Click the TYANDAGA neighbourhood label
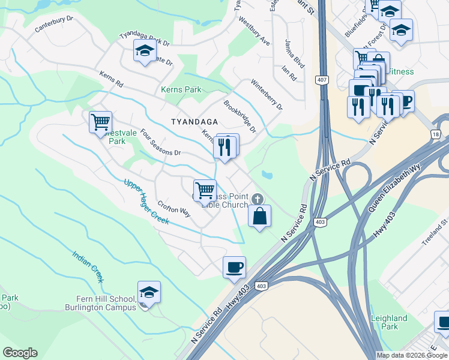pos(193,121)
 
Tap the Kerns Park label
pos(181,90)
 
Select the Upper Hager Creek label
pos(146,202)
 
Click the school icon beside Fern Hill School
pos(149,293)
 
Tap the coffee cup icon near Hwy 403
pos(234,266)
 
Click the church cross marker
pos(257,199)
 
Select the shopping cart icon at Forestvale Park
pos(100,122)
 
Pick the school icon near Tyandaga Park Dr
pos(145,52)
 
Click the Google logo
pos(20,353)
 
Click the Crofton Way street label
pos(173,209)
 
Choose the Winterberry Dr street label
pos(267,95)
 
